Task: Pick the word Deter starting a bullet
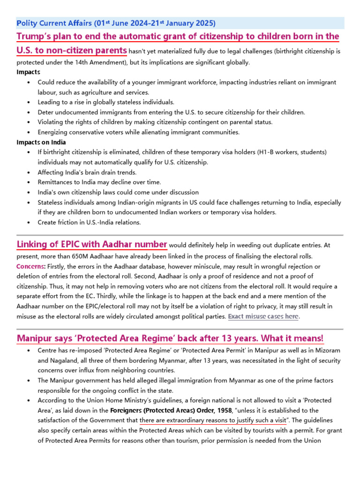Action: pos(46,112)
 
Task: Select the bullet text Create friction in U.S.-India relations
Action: pos(89,222)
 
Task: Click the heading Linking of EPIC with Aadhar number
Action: pos(92,244)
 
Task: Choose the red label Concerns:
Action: pos(31,267)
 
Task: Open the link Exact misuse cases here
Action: pos(263,317)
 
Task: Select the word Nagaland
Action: pos(64,361)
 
